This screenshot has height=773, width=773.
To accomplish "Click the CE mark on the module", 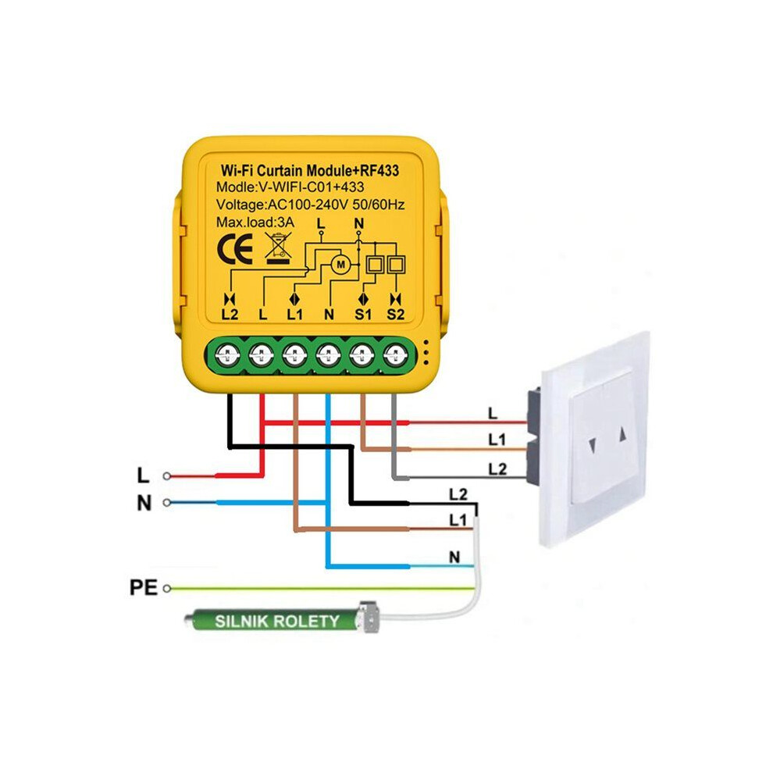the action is click(x=235, y=248).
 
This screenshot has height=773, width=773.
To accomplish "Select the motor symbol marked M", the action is click(x=340, y=265).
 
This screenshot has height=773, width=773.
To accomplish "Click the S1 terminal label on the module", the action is click(x=363, y=314).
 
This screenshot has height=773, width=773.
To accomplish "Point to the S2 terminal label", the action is click(x=395, y=314).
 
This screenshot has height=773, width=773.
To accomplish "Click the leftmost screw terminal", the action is click(x=228, y=354).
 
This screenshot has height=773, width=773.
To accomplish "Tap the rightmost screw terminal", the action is click(x=395, y=354).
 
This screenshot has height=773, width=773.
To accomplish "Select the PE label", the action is click(x=143, y=588).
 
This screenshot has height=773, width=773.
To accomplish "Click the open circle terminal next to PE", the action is click(x=167, y=588).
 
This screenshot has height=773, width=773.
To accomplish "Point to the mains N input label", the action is click(x=144, y=504).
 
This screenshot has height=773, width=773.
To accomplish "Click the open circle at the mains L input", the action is click(x=167, y=476).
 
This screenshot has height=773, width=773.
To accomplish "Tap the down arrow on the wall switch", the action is click(x=593, y=447).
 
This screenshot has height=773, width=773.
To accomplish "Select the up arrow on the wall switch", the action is click(x=622, y=434).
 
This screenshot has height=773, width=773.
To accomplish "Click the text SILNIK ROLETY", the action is click(x=277, y=622).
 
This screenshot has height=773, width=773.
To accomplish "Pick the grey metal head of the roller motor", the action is click(x=370, y=616).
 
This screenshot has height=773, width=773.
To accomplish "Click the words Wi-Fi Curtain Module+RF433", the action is click(x=310, y=170).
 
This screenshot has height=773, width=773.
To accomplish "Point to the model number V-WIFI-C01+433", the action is click(x=312, y=187).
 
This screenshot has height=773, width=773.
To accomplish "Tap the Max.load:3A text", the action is click(x=255, y=223).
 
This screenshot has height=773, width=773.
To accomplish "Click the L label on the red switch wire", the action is click(x=493, y=414).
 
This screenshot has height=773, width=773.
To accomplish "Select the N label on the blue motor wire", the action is click(x=454, y=557).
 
